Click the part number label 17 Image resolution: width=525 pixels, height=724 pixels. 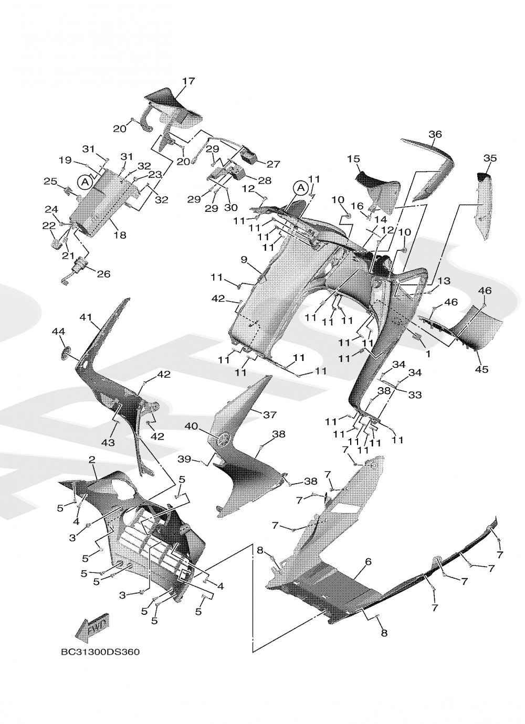188,81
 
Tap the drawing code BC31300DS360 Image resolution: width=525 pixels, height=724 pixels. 100,652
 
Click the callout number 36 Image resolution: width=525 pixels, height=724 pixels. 435,134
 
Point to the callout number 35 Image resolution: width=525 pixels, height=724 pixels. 490,158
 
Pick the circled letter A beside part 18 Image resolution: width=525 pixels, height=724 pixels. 84,182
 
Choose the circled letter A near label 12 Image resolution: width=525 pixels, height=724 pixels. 300,187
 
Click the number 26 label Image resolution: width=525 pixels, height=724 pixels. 103,274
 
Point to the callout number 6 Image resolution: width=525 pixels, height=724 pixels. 368,561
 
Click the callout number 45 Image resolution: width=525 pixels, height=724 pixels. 481,369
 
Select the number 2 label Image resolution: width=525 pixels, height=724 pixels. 92,460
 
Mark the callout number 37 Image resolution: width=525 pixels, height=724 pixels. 269,414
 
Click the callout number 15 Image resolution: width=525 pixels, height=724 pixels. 353,158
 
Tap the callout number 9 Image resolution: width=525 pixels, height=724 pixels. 244,260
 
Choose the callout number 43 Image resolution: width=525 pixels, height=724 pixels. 108,443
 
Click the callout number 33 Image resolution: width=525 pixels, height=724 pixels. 415,395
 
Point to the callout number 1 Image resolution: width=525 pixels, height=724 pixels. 428,354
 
